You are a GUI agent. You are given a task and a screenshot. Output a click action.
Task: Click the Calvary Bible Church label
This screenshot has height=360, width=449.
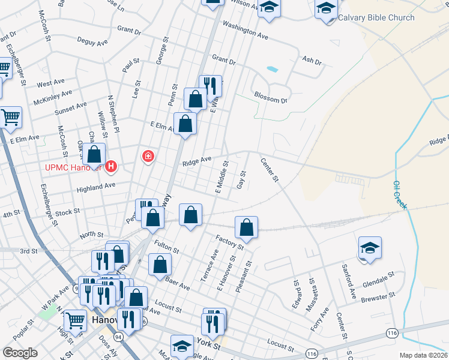[376, 17]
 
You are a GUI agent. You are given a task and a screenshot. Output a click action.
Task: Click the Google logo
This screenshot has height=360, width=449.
[20, 353]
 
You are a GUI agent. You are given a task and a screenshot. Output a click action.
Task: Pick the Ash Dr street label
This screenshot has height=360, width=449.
[312, 61]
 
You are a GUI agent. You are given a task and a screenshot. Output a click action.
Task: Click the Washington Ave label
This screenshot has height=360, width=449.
[245, 31]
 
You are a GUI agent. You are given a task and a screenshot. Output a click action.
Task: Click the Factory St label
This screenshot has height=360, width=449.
[231, 242]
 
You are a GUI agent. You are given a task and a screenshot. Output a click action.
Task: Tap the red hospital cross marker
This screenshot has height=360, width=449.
[148, 157]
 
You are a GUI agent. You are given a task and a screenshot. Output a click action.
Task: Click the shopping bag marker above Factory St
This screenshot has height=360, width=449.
[246, 227]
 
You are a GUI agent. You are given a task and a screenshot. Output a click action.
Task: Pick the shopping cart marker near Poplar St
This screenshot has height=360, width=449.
[75, 322]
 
